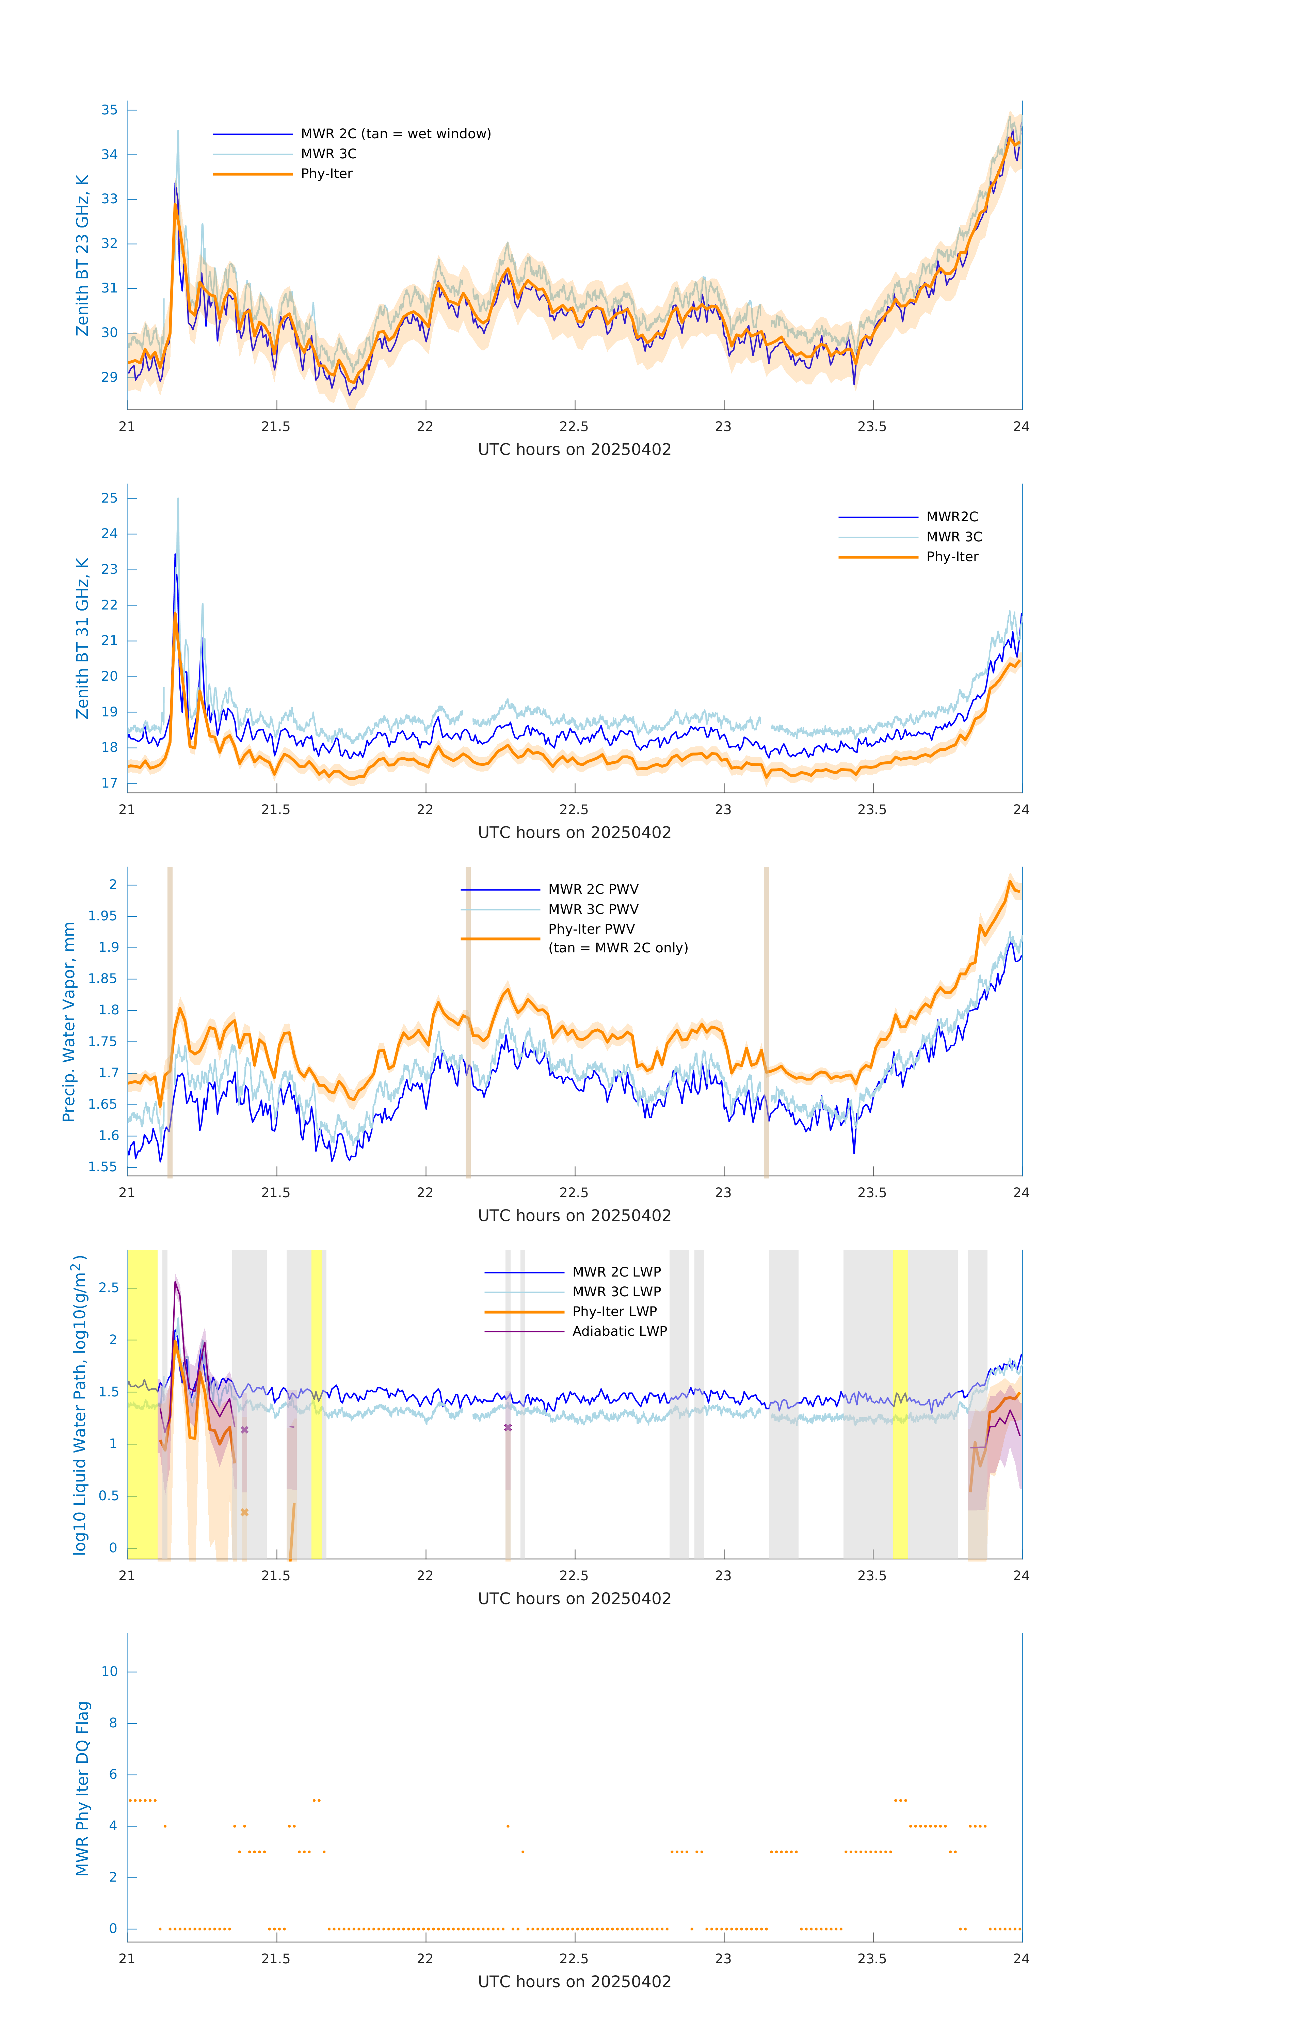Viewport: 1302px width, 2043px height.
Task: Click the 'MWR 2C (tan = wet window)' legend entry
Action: tap(395, 134)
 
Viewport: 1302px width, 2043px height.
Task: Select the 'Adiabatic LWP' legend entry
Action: tap(619, 1331)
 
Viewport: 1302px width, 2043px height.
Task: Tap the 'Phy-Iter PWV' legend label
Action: tap(591, 929)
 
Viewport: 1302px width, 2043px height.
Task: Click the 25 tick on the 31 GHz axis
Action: tap(109, 498)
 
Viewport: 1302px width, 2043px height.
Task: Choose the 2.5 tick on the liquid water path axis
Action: tap(109, 1288)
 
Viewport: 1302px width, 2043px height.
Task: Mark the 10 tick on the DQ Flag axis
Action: tap(109, 1672)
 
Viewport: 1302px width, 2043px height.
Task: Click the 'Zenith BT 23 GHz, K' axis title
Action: tap(82, 255)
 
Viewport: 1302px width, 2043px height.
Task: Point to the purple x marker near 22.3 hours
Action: tap(508, 1428)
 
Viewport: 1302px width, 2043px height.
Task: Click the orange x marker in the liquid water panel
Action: tap(244, 1513)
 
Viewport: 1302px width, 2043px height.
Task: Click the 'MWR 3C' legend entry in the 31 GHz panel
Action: tap(953, 537)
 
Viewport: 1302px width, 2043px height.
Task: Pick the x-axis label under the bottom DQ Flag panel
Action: tap(574, 1982)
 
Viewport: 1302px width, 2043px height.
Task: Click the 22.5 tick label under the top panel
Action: tap(574, 427)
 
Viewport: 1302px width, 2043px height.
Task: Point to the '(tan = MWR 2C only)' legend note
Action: tap(617, 948)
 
